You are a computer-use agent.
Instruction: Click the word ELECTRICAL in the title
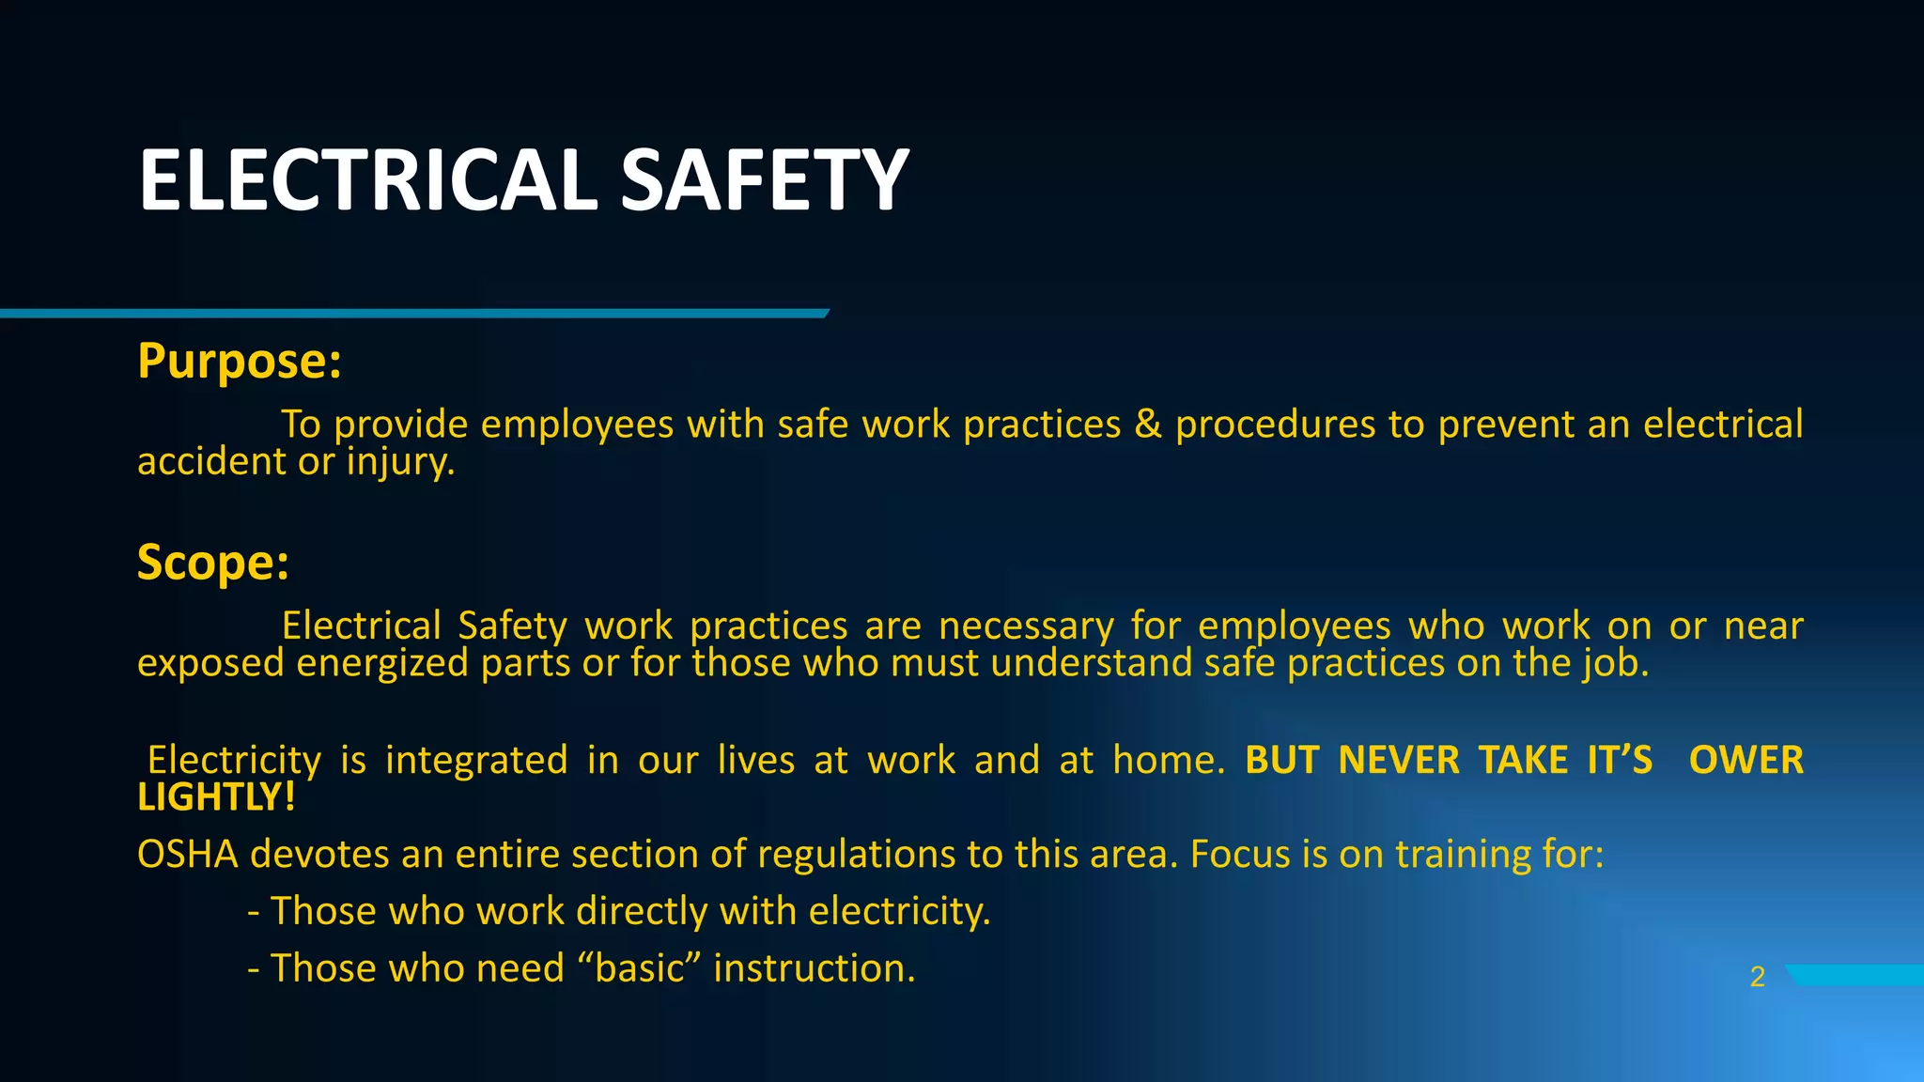pos(367,180)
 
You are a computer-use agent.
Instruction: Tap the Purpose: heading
pos(240,361)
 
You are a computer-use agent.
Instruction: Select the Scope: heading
pos(213,563)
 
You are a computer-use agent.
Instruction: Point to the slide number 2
pos(1758,978)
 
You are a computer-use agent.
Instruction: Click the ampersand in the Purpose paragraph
pos(1148,425)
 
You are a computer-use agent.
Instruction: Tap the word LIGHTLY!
pos(216,797)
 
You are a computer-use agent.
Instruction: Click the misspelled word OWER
pos(1746,760)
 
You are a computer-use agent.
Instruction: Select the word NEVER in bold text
pos(1399,760)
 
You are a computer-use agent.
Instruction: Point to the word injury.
pos(400,462)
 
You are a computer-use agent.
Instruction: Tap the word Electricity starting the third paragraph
pos(234,760)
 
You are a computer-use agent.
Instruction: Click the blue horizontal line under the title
pos(413,314)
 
